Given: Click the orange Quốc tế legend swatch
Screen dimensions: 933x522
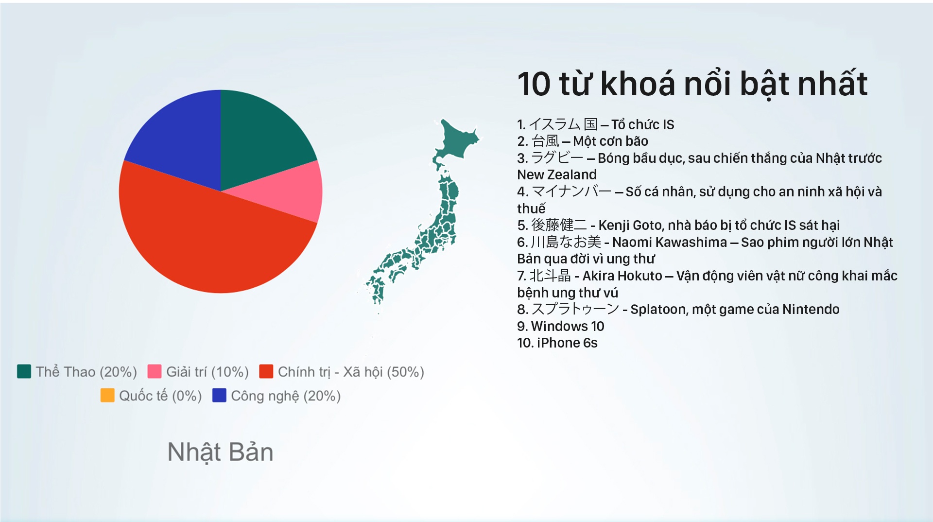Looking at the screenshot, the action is click(x=107, y=395).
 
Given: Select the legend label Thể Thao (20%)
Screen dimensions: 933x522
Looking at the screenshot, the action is click(x=86, y=372).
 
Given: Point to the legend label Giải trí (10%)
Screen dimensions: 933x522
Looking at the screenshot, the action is click(x=207, y=372).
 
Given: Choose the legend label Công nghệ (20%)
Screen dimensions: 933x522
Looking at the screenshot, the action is click(x=286, y=396).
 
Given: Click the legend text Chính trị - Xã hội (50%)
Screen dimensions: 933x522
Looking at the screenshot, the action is click(x=351, y=372).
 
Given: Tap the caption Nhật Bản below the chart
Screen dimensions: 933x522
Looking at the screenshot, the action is click(x=220, y=452).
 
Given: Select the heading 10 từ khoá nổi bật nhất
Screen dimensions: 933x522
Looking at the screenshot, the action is click(x=692, y=84).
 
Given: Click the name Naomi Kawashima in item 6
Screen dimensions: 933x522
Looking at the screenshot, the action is click(x=670, y=242).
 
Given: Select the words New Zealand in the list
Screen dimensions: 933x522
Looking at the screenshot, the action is click(x=557, y=175).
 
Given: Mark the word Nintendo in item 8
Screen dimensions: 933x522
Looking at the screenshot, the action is click(x=811, y=310).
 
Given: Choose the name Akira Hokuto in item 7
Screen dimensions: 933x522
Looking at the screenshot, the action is click(x=622, y=276).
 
